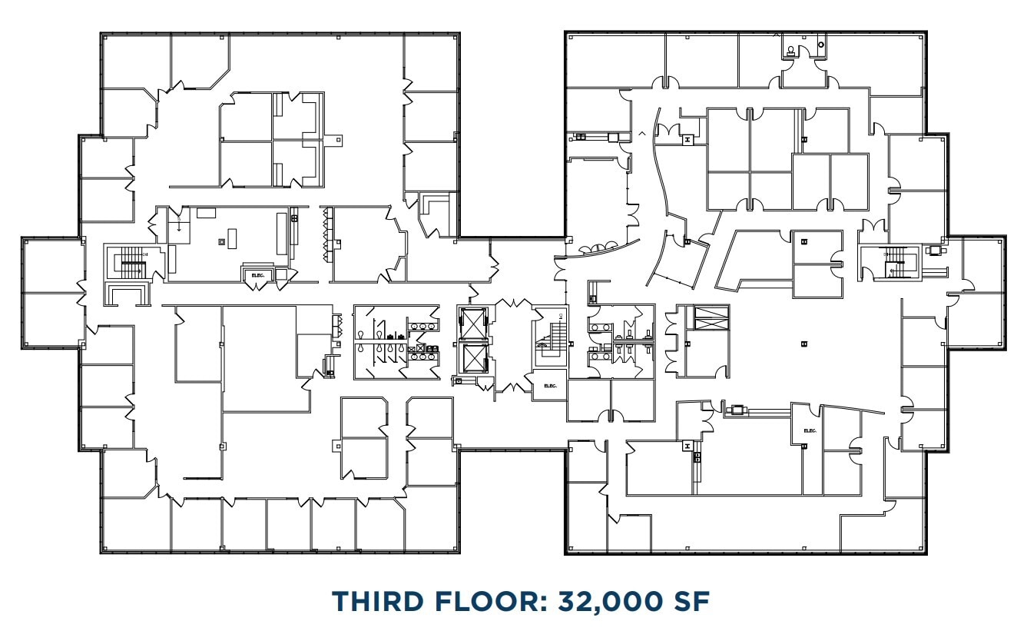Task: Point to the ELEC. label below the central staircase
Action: coord(550,386)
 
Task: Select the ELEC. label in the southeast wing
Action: coord(809,431)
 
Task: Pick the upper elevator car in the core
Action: coord(472,323)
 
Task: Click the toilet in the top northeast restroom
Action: coord(792,51)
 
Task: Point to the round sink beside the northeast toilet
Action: coord(821,45)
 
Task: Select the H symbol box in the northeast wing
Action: coord(687,139)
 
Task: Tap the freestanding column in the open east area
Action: coord(803,343)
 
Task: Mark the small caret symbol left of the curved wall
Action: coord(641,134)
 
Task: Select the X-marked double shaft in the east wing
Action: coord(711,317)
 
